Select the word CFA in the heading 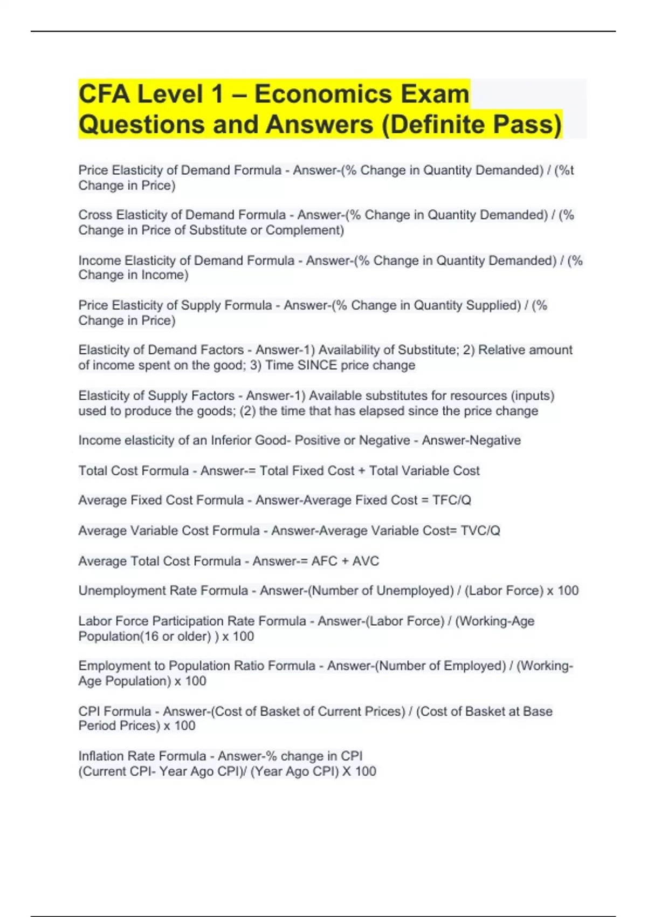tap(104, 94)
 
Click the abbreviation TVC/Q tap(480, 531)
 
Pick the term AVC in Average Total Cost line tap(366, 561)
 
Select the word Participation tap(188, 621)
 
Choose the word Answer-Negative tap(471, 440)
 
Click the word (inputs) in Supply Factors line tap(532, 395)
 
